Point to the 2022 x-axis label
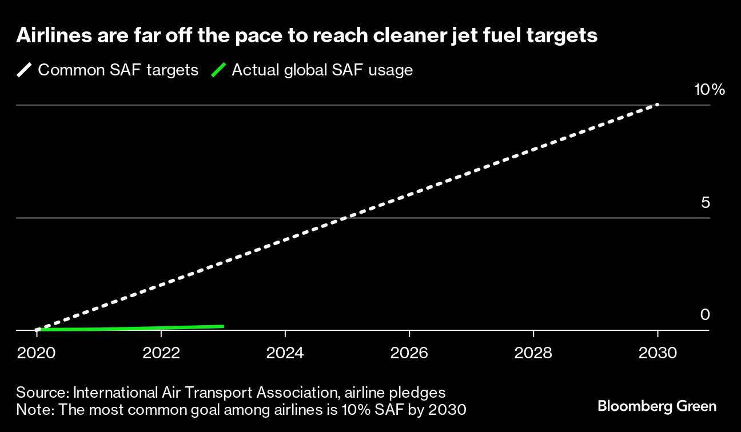[161, 353]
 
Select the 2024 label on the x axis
[285, 353]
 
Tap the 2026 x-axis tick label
[409, 353]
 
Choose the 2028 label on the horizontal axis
[533, 353]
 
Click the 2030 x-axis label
[658, 353]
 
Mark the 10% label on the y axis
[709, 90]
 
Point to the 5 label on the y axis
[705, 203]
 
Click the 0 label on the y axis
[705, 315]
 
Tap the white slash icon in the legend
[25, 70]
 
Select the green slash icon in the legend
[218, 70]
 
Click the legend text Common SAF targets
[118, 70]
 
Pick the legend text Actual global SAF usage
[322, 70]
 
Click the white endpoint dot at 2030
[658, 105]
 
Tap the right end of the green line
[222, 326]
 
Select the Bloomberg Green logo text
[656, 406]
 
